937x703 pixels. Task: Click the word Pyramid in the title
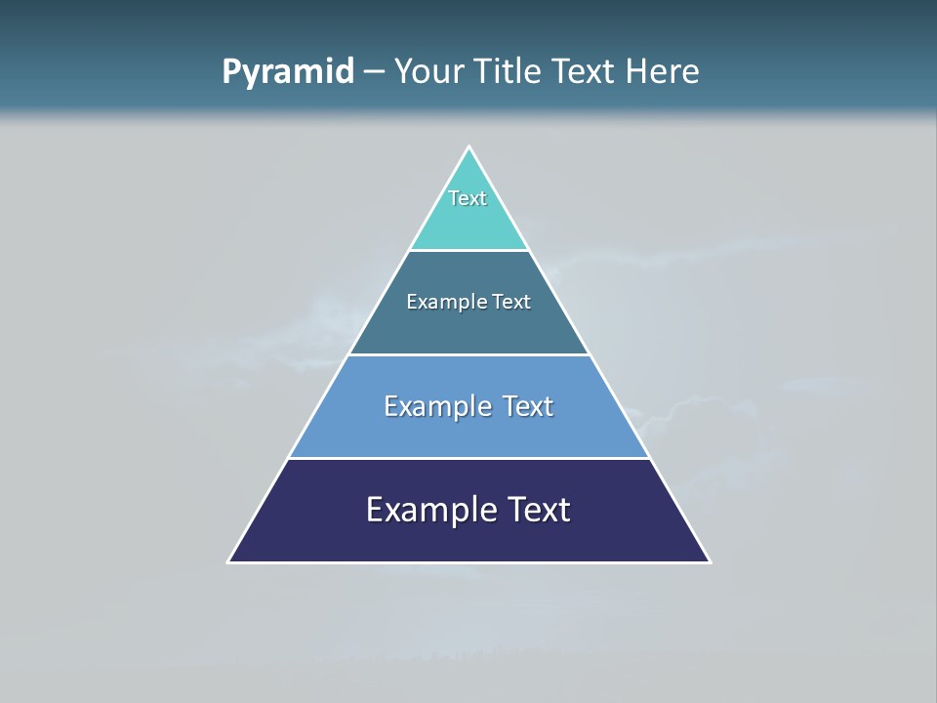[288, 72]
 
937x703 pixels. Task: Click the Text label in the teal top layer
[468, 198]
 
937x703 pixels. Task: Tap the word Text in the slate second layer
[511, 302]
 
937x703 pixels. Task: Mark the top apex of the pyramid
[468, 147]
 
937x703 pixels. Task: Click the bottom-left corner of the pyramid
[229, 561]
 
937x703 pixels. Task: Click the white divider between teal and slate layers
[468, 251]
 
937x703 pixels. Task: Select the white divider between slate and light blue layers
[468, 354]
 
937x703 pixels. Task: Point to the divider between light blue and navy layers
[468, 458]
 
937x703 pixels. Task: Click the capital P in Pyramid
[231, 72]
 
